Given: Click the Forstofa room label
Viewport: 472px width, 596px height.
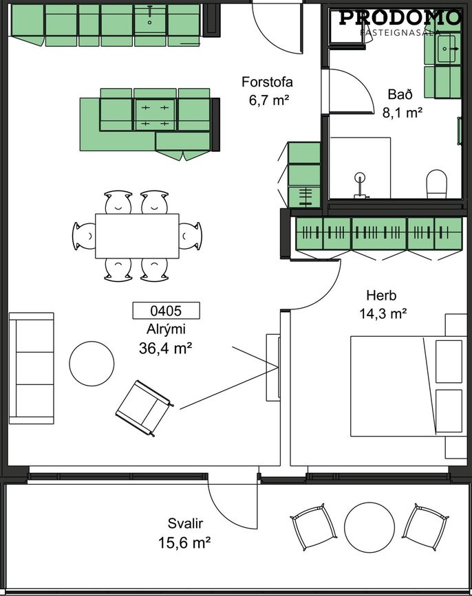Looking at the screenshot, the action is point(267,82).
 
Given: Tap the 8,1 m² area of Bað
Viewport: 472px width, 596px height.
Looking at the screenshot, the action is point(403,113).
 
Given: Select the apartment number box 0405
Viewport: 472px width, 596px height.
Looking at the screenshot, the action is point(166,311).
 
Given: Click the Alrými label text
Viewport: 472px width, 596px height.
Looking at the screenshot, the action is point(166,329).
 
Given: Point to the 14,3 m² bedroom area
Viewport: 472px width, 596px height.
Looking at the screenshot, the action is point(383,313).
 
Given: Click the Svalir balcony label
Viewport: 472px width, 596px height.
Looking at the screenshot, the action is point(185,523).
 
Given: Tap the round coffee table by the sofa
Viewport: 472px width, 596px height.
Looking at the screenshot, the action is point(92,364).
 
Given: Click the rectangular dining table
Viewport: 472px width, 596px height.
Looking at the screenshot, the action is point(137,236).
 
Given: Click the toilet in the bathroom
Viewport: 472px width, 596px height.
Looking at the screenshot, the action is point(437,184).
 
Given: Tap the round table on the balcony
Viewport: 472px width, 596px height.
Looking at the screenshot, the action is point(369,527).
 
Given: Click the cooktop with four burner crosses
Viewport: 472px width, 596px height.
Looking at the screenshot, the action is point(155,115).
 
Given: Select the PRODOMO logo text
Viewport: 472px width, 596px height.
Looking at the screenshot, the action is point(400,18).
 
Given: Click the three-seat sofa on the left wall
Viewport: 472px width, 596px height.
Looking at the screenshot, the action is point(32,368).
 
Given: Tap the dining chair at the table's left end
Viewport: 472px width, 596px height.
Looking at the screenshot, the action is point(84,236).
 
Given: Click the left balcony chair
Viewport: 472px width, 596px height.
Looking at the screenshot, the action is point(313,527).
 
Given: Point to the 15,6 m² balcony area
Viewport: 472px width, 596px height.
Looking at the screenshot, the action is point(184,542).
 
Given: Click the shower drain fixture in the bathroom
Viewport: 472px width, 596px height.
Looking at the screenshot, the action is point(360,186).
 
